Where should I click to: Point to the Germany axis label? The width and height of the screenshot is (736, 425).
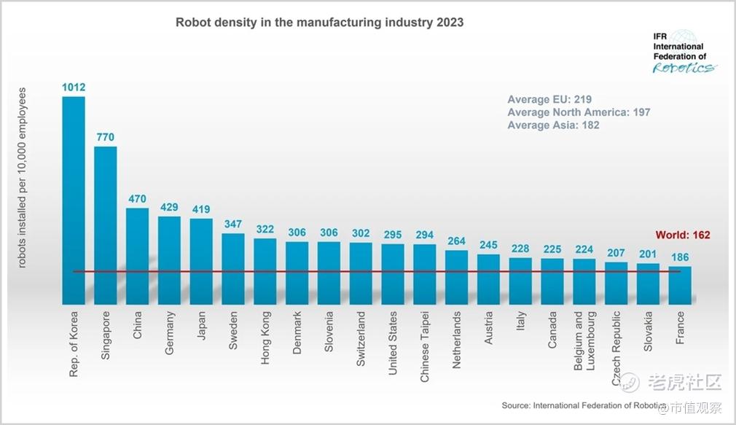coord(170,333)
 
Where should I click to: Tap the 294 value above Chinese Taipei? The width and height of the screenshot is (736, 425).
coord(424,235)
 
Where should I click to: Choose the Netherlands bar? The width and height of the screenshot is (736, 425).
coord(456,277)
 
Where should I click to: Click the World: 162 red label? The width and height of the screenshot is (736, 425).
coord(682,235)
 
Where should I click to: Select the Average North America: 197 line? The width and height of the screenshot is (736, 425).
coord(579,112)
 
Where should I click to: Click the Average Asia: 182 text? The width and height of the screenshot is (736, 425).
coord(553,125)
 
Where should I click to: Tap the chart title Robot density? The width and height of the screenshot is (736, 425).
coord(319,23)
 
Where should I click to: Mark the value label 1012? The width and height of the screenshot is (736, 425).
coord(74,87)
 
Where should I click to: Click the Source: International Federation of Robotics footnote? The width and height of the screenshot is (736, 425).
coord(583,405)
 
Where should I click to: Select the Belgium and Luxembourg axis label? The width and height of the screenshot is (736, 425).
coord(583,343)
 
